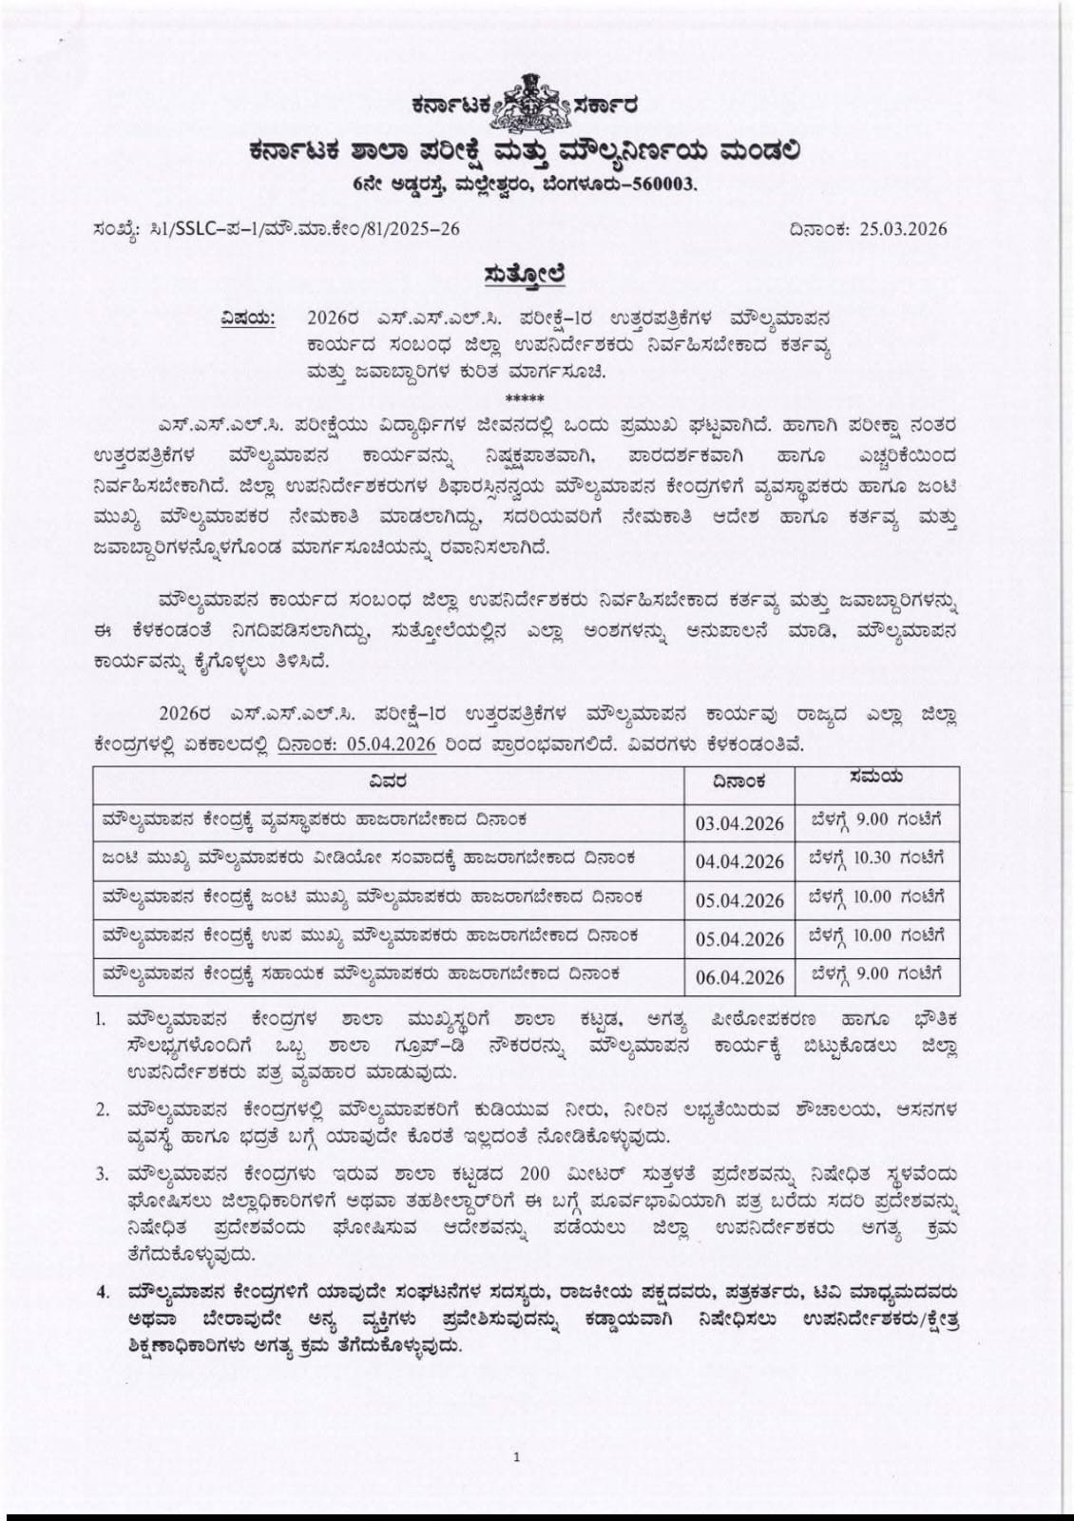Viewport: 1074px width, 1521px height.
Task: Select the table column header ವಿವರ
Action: tap(389, 781)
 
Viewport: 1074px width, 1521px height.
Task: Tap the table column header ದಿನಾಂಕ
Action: tap(739, 781)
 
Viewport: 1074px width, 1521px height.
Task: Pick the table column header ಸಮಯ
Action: tap(876, 778)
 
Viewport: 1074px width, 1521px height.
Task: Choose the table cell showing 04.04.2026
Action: tap(739, 862)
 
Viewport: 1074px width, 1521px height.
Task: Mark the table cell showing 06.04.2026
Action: tap(739, 977)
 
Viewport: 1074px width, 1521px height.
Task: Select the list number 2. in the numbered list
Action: tap(102, 1110)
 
